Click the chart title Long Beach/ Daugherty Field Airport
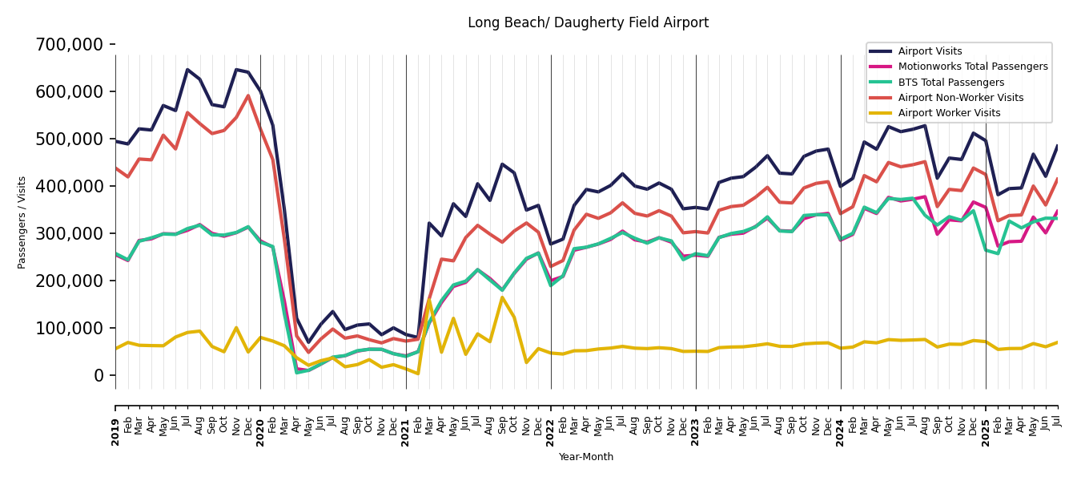588,23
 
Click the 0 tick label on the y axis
99,376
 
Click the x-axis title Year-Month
586,457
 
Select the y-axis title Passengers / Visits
22,222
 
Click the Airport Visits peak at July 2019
187,70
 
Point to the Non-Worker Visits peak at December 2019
248,95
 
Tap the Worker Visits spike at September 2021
502,297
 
